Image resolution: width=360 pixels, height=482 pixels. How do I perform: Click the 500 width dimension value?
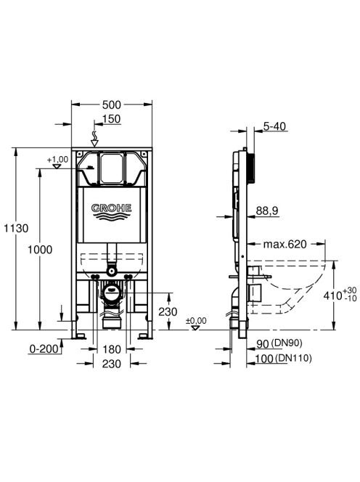[112, 105]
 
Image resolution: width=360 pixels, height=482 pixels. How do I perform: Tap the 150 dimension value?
[111, 119]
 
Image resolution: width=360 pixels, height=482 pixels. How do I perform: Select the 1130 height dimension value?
[16, 229]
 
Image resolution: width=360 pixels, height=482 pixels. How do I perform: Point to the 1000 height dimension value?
[40, 250]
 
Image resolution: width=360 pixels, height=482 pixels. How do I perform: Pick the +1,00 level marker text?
[57, 160]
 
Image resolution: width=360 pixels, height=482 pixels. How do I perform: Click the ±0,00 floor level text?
[196, 321]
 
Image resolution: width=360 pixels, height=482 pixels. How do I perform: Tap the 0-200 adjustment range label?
[44, 349]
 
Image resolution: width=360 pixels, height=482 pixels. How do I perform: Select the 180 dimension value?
[111, 349]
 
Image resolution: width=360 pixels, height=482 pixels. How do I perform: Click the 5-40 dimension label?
[274, 126]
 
